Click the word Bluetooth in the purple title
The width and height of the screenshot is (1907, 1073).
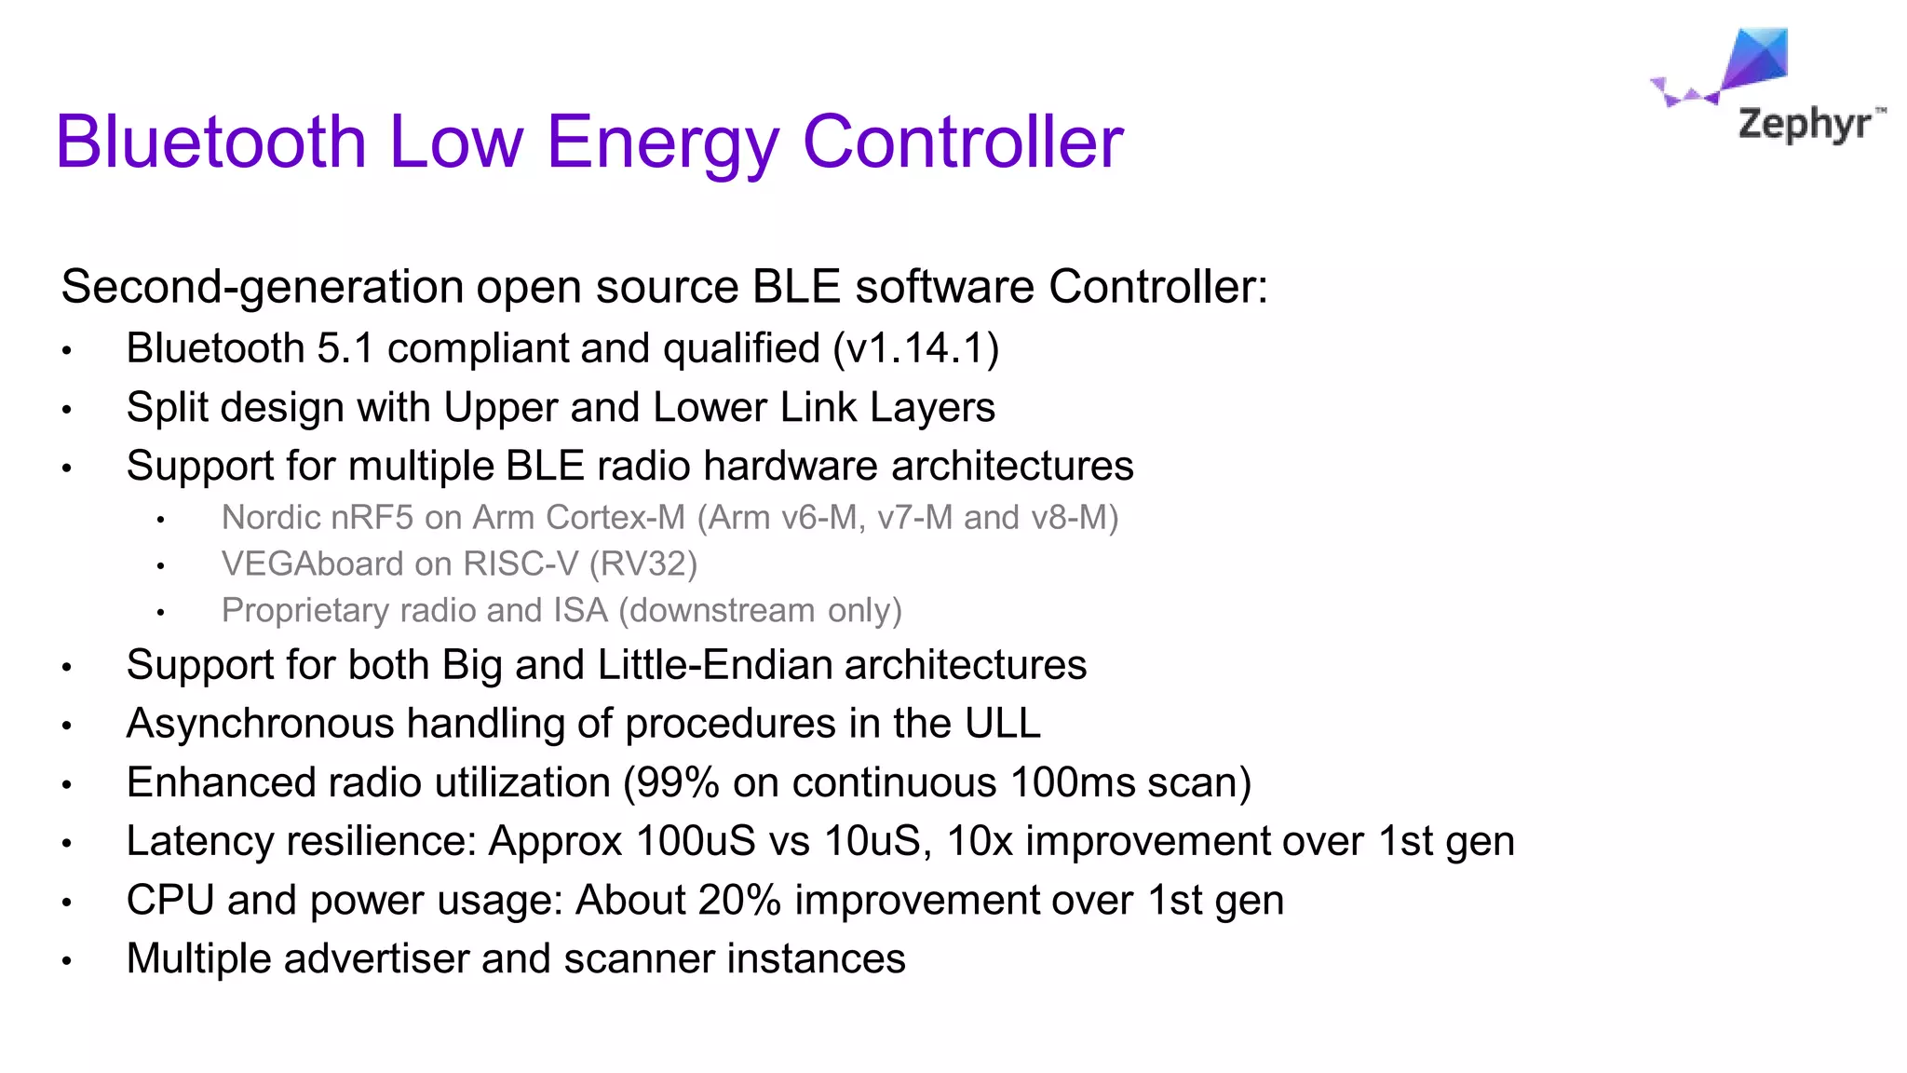(211, 142)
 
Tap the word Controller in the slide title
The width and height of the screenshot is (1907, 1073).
(963, 142)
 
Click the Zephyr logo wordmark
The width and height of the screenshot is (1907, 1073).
(1805, 124)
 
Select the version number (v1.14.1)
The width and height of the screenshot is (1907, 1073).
(915, 348)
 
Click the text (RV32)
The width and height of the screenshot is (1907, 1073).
(642, 564)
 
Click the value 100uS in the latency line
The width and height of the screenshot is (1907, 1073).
(696, 841)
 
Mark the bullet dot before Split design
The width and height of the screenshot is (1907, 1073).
(67, 409)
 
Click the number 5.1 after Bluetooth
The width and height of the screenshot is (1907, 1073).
(345, 348)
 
